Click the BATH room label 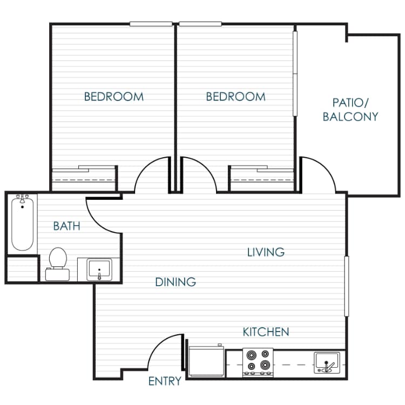pyautogui.click(x=66, y=226)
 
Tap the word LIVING pyautogui.click(x=266, y=252)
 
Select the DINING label pyautogui.click(x=175, y=282)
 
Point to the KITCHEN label pyautogui.click(x=266, y=332)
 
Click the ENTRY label pyautogui.click(x=165, y=381)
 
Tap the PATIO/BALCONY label pyautogui.click(x=350, y=109)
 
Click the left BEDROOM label pyautogui.click(x=114, y=97)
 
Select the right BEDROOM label pyautogui.click(x=236, y=97)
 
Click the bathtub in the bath pyautogui.click(x=22, y=224)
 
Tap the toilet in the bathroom pyautogui.click(x=57, y=262)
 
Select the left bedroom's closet pyautogui.click(x=84, y=178)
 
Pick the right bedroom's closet pyautogui.click(x=262, y=178)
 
